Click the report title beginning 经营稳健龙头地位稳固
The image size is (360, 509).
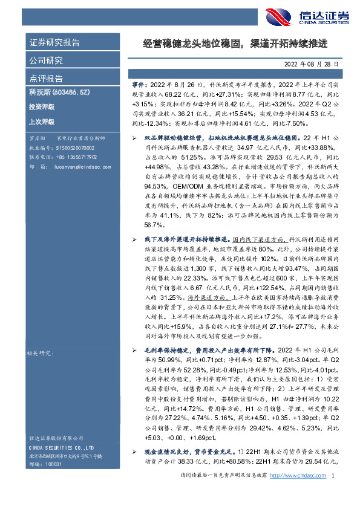tap(235, 44)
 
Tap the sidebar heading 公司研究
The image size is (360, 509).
tap(46, 60)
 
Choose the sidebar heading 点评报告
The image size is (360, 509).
tap(46, 78)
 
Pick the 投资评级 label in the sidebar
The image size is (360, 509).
tap(41, 107)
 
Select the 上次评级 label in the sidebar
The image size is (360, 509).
tap(41, 122)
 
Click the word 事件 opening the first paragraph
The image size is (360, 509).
tap(139, 87)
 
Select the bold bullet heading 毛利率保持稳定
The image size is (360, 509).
tap(165, 350)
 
